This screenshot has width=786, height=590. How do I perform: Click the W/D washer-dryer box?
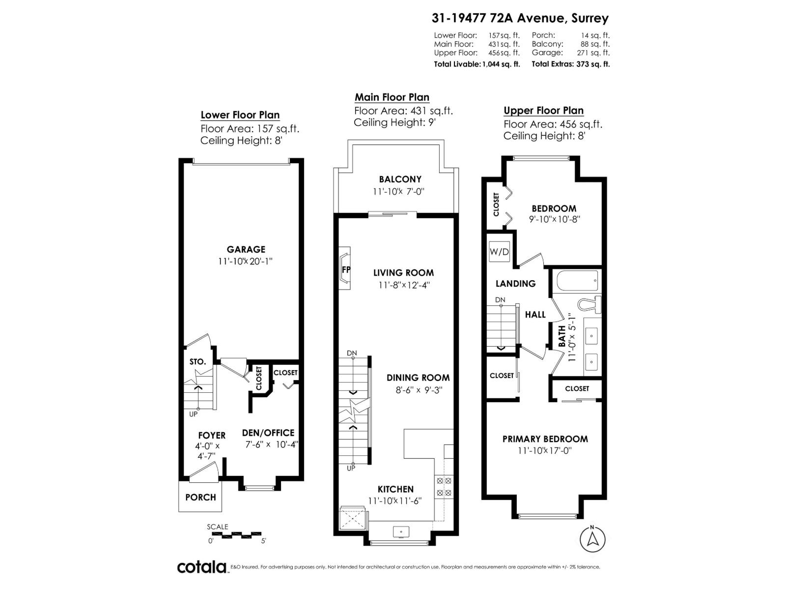coord(499,252)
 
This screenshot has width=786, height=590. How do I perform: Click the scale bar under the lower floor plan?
coord(236,534)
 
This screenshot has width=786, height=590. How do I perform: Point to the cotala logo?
coord(201,567)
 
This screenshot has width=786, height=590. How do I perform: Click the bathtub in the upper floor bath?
coord(577,281)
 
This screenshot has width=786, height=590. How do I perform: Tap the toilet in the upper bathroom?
coord(589,304)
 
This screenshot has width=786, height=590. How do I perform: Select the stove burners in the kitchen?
coord(444,486)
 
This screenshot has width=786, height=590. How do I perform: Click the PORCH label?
coord(200,497)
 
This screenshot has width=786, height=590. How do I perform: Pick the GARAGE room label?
coord(246,249)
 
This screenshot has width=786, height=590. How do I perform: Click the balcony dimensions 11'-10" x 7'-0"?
coord(398,191)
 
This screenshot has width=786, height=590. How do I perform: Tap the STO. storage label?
coord(197,361)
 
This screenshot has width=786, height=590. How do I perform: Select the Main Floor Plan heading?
coord(392,97)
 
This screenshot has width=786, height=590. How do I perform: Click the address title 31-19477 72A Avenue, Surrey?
coord(520,18)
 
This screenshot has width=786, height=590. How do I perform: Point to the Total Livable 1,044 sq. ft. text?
coord(477,64)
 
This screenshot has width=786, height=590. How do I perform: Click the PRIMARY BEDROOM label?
coord(545,439)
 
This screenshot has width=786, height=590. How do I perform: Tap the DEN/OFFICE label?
coord(268,433)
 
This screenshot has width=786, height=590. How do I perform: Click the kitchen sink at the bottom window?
coord(401,531)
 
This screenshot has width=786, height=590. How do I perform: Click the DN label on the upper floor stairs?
coord(500,299)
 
